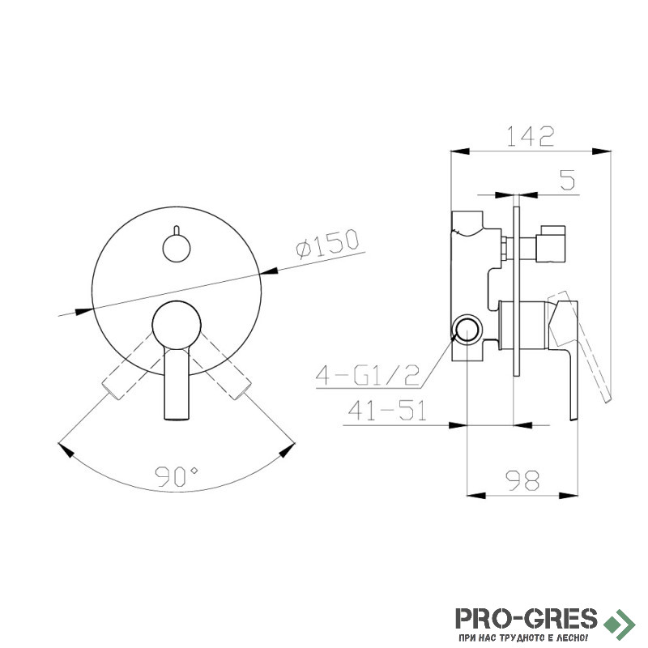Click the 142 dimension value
pos(531,136)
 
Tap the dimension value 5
pos(568,180)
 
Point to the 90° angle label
pos(177,476)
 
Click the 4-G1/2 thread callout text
pos(368,375)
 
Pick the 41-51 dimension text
pos(387,411)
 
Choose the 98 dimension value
pos(522,480)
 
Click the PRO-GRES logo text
pos(526,618)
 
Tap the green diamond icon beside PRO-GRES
pos(620,622)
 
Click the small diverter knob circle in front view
pos(177,248)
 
